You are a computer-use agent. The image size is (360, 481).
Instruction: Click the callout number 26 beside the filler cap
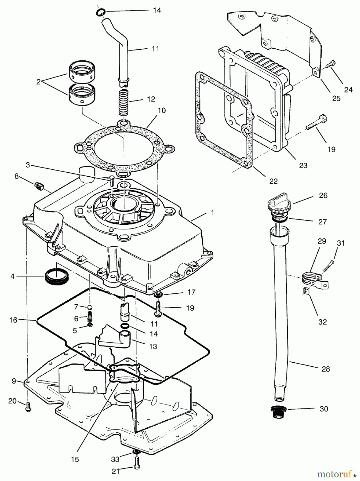pyautogui.click(x=323, y=195)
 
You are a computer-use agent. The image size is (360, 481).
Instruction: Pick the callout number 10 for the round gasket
pyautogui.click(x=162, y=110)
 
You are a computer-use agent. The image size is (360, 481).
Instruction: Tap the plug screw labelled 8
pyautogui.click(x=39, y=185)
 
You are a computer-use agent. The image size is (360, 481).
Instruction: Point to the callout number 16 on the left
pyautogui.click(x=13, y=320)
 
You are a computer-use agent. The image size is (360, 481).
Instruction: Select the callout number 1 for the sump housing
pyautogui.click(x=212, y=213)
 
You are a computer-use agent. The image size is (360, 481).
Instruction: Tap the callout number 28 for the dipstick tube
pyautogui.click(x=326, y=369)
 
